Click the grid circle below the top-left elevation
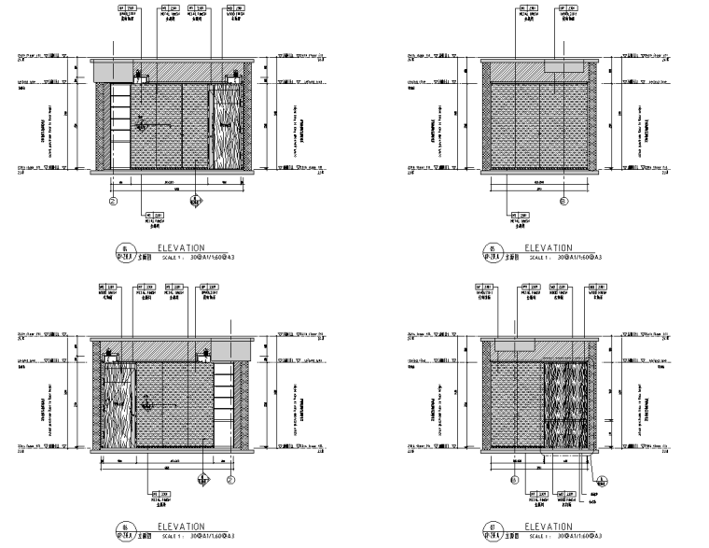click(114, 198)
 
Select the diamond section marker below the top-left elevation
click(195, 199)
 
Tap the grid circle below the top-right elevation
click(563, 198)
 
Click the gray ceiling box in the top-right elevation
click(564, 66)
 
